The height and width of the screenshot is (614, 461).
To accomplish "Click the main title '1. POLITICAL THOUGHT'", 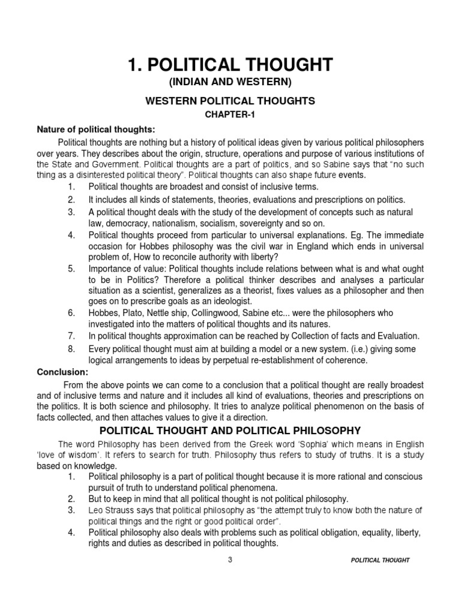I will [x=230, y=65].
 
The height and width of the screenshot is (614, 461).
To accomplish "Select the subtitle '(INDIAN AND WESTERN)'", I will [x=230, y=82].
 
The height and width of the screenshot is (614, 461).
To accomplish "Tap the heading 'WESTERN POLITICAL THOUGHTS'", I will [x=230, y=101].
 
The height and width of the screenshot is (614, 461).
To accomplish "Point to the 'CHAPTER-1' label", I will [x=230, y=115].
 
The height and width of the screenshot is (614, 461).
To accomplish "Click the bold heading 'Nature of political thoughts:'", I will [x=88, y=130].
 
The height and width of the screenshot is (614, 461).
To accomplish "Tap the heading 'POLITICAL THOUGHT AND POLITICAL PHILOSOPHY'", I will [x=230, y=431].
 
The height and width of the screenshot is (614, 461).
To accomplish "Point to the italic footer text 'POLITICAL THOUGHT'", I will [x=381, y=561].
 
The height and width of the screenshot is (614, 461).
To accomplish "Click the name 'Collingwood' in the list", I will [x=202, y=312].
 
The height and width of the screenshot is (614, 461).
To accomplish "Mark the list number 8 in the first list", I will [x=70, y=349].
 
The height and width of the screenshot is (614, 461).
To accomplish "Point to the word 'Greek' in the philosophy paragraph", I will [x=268, y=444].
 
